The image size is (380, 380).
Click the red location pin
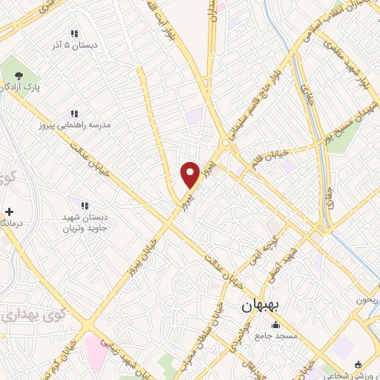pyautogui.click(x=190, y=174)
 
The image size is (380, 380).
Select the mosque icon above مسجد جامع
pyautogui.click(x=276, y=324)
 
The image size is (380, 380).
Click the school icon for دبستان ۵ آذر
pyautogui.click(x=73, y=33)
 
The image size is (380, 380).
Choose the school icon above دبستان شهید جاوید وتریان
pyautogui.click(x=84, y=205)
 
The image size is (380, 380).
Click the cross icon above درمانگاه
pyautogui.click(x=8, y=211)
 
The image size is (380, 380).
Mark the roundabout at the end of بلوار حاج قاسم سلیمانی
pyautogui.click(x=225, y=142)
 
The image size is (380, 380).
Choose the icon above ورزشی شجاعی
pyautogui.click(x=358, y=364)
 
